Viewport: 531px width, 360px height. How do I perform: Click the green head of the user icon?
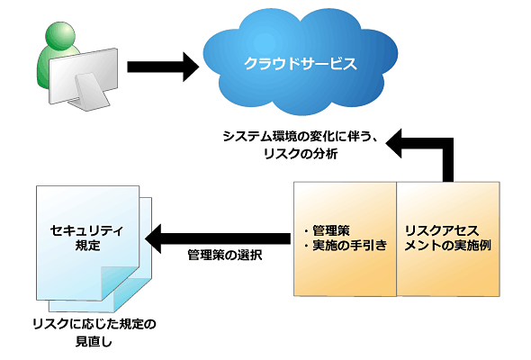(60, 36)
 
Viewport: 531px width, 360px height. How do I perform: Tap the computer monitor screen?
(84, 76)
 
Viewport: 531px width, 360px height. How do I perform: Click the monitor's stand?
(92, 92)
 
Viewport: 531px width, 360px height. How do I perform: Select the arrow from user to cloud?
(163, 67)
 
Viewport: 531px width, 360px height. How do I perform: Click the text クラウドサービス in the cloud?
(301, 64)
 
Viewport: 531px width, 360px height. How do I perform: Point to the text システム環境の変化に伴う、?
(300, 137)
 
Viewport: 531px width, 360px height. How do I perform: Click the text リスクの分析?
(301, 154)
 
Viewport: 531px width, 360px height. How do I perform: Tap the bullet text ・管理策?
(327, 230)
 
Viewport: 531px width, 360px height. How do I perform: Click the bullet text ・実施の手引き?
(346, 246)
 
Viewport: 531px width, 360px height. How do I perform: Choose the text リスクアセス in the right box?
(442, 230)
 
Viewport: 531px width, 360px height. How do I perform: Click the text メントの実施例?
(447, 246)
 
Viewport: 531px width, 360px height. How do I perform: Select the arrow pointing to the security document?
(218, 238)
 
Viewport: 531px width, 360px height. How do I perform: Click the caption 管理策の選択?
(225, 255)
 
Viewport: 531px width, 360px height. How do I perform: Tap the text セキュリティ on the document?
(86, 230)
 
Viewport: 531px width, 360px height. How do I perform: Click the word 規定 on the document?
(87, 246)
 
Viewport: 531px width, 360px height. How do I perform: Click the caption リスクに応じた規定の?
(94, 324)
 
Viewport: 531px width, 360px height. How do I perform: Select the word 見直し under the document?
(94, 341)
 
